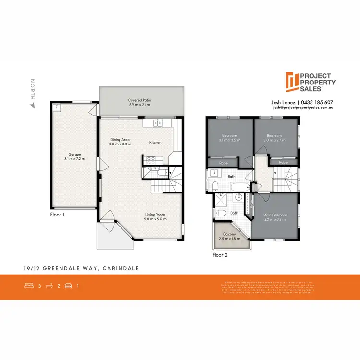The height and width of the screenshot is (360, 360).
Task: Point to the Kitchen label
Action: pyautogui.click(x=155, y=142)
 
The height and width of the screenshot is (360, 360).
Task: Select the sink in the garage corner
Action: pyautogui.click(x=57, y=108)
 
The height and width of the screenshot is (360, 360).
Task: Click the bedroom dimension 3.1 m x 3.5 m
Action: pyautogui.click(x=229, y=141)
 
